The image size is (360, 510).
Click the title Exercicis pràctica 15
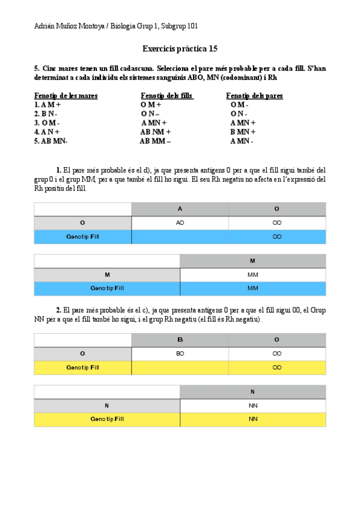[x=180, y=48]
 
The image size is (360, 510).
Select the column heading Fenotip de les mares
[x=66, y=96]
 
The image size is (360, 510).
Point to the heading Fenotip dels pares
[x=254, y=96]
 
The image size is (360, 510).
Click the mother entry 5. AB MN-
[x=51, y=141]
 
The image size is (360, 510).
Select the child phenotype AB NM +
[x=156, y=132]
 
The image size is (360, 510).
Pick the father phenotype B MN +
[x=243, y=132]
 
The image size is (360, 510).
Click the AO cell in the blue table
[x=180, y=223]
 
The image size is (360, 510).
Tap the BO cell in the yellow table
[x=180, y=354]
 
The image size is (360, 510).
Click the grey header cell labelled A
[x=180, y=209]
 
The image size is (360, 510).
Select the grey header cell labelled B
[x=180, y=340]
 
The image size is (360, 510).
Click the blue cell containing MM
[x=252, y=288]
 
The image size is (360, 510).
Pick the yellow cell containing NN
[x=252, y=419]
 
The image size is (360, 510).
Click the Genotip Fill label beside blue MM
[x=107, y=288]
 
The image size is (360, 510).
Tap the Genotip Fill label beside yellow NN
[x=107, y=419]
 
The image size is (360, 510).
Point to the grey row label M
[x=107, y=275]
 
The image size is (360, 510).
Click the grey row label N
[x=107, y=406]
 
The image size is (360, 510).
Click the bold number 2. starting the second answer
[x=59, y=310]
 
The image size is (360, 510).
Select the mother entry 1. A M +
[x=48, y=105]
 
